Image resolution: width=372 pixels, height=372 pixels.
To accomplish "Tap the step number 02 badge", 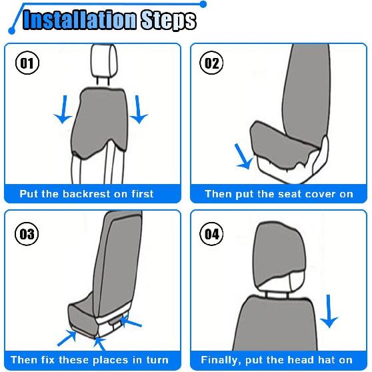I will (x=211, y=63).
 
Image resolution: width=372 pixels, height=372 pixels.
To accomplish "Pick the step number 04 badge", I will (x=211, y=234).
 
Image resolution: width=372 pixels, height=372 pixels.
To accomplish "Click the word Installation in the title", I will (x=79, y=20).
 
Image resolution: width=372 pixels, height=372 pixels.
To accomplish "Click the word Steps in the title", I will (x=168, y=20).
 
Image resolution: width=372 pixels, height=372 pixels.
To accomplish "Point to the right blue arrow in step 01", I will (x=139, y=109).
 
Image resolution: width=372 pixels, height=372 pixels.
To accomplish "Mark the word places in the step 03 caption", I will (x=117, y=360).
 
